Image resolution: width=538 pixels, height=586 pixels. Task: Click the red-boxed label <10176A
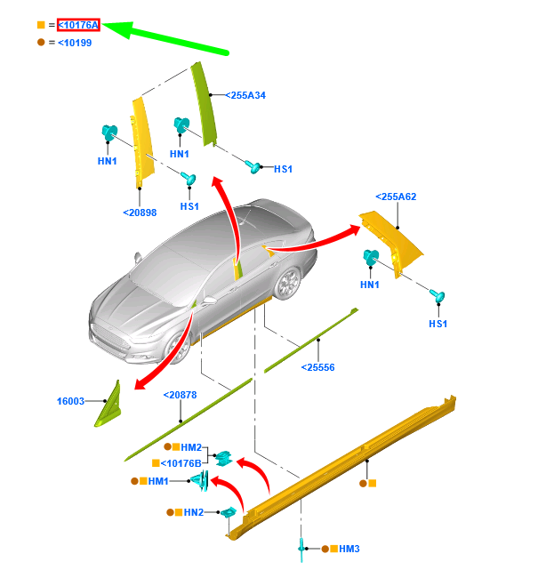click(x=78, y=26)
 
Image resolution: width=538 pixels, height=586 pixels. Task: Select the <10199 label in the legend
click(x=74, y=43)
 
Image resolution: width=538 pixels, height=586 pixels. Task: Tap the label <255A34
click(x=245, y=95)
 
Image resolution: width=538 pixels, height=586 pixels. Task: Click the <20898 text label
click(x=140, y=213)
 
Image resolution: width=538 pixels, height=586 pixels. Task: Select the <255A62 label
click(x=396, y=197)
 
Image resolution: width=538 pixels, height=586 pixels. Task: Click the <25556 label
click(x=317, y=367)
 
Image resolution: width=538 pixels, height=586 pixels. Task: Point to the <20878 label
click(x=180, y=396)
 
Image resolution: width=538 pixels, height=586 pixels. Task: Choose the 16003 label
click(x=72, y=402)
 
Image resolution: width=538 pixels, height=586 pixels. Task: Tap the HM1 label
click(x=158, y=481)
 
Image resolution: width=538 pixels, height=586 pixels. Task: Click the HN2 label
click(x=194, y=512)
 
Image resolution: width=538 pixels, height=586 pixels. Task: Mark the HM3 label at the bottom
click(x=349, y=550)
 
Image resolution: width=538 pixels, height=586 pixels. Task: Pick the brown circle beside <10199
click(x=41, y=43)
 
